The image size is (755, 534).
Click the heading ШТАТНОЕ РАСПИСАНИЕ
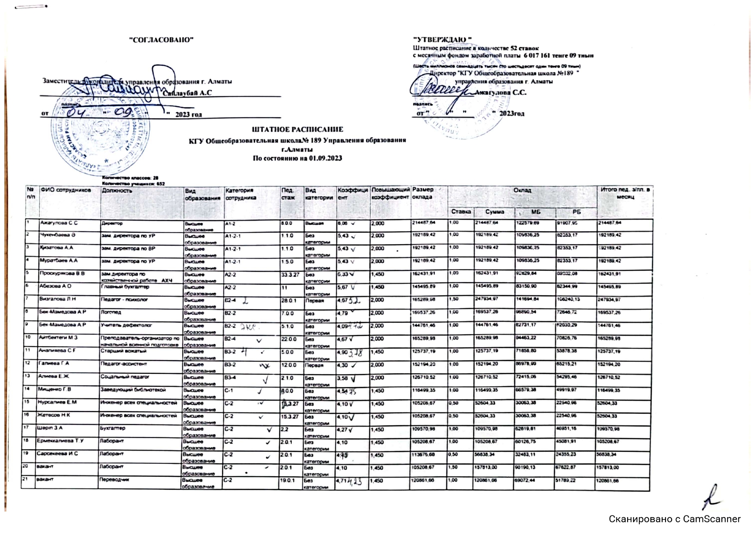click(x=297, y=129)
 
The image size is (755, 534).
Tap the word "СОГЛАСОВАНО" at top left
click(x=161, y=40)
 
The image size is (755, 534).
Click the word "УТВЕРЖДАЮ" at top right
click(x=442, y=40)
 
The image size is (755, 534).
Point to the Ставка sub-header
click(x=461, y=212)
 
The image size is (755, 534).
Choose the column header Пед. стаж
click(x=288, y=194)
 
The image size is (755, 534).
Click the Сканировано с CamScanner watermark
click(x=675, y=519)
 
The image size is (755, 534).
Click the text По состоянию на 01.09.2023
click(x=297, y=158)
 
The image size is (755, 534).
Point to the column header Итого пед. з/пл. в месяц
click(x=625, y=193)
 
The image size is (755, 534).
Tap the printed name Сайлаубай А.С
click(x=187, y=93)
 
